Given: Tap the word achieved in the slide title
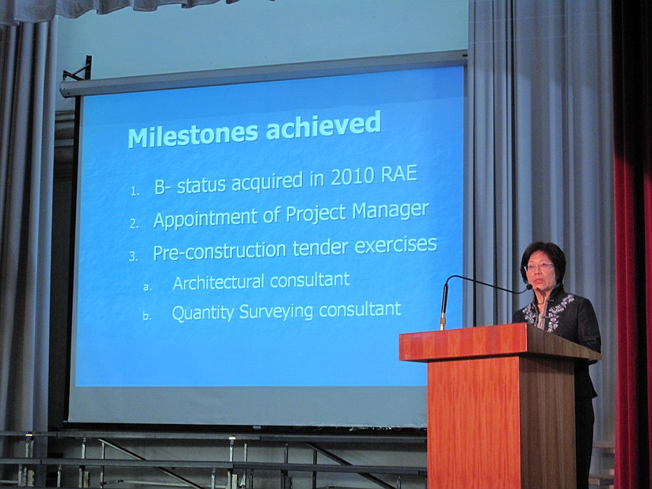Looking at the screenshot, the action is pyautogui.click(x=323, y=124).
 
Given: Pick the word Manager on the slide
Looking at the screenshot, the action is pyautogui.click(x=391, y=211).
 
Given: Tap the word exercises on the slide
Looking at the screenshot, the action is pyautogui.click(x=396, y=245).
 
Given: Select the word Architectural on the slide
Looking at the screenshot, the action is pyautogui.click(x=218, y=283).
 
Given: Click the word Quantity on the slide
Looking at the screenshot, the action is pyautogui.click(x=203, y=313).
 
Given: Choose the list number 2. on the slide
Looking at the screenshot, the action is pyautogui.click(x=134, y=224).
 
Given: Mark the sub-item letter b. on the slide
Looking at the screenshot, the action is pyautogui.click(x=147, y=316).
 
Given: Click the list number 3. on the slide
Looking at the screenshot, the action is pyautogui.click(x=133, y=256).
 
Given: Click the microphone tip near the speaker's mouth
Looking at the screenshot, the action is pyautogui.click(x=529, y=286).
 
